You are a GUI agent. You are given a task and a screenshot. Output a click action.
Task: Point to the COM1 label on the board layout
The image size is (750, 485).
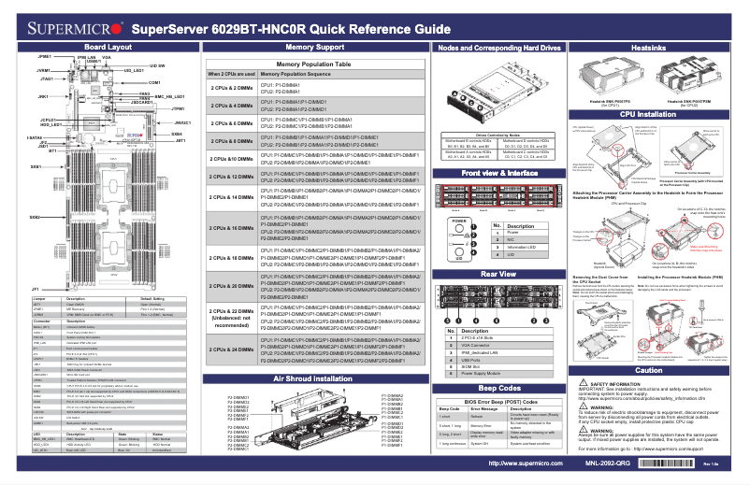coord(154,83)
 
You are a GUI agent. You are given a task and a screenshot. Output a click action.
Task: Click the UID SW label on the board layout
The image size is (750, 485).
coord(156,66)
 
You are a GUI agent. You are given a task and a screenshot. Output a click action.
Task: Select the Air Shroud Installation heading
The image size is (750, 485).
coord(312,380)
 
